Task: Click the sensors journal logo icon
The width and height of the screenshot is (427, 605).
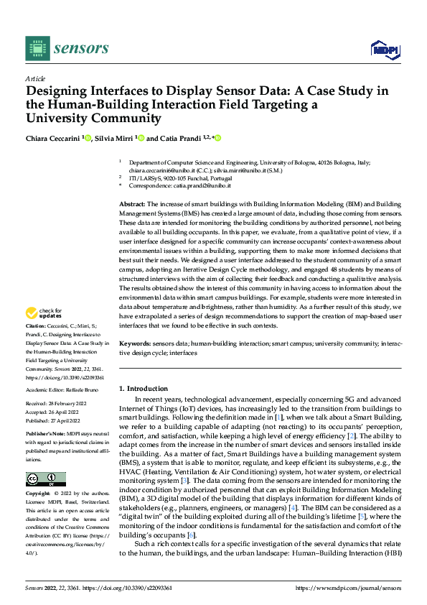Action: [x=37, y=48]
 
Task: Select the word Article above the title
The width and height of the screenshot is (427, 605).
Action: [x=34, y=78]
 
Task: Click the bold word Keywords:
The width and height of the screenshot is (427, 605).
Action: [x=134, y=345]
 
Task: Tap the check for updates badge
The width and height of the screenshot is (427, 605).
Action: [x=42, y=313]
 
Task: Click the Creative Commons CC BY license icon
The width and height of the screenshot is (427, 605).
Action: [x=45, y=479]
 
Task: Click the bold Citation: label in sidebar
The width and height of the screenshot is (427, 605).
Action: [x=37, y=325]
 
